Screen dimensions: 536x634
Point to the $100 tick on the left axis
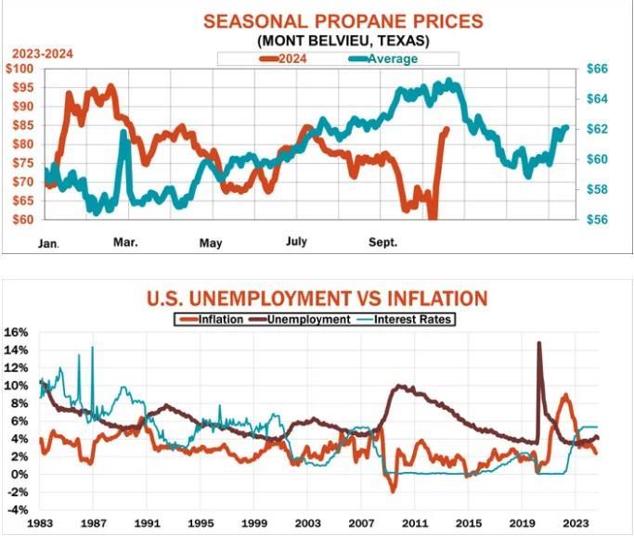coord(19,69)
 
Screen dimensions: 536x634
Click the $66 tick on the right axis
coord(600,69)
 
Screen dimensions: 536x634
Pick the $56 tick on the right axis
coord(600,220)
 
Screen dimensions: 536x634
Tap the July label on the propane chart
coord(296,242)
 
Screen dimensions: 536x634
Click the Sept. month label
coord(382,243)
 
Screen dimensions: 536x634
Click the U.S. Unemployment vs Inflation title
coord(317,299)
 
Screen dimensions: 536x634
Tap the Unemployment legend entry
coord(309,319)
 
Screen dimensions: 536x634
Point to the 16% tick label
coord(17,332)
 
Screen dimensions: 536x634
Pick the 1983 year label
coord(40,524)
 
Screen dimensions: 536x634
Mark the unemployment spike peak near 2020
coord(539,344)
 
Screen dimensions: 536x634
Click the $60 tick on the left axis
coord(20,220)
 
